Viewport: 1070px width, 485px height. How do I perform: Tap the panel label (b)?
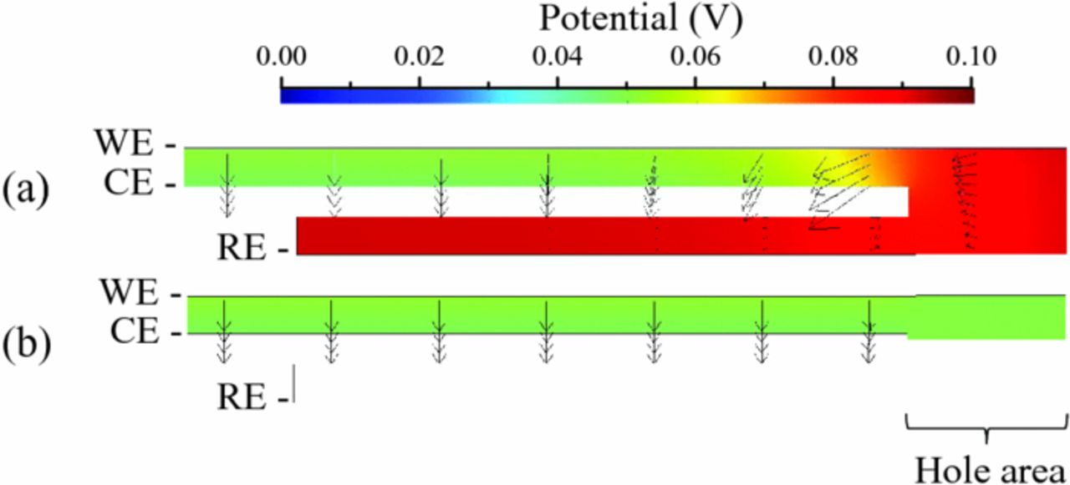click(26, 342)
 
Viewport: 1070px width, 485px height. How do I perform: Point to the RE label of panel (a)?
click(244, 248)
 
